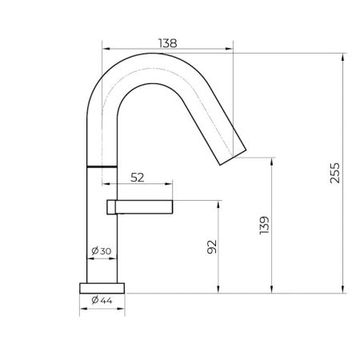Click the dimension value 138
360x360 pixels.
point(167,42)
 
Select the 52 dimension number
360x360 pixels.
point(138,178)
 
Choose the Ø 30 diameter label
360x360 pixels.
point(102,251)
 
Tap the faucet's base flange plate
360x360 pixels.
point(102,286)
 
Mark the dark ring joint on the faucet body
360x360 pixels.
point(101,165)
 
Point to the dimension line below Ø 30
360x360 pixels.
point(102,259)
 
